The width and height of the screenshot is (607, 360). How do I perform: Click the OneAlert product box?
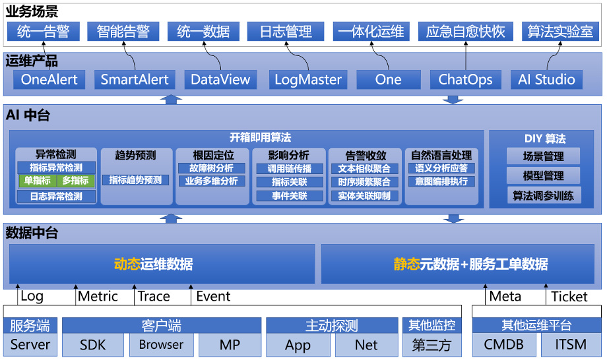point(49,80)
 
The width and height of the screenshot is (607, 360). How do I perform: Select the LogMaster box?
point(308,80)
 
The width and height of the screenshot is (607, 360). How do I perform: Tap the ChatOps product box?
point(465,80)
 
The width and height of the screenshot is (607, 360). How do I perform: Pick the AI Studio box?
point(546,80)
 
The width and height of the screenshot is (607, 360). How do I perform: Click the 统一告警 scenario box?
point(43,31)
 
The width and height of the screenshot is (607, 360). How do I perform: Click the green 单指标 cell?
point(38,181)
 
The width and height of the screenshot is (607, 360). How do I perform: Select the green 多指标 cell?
point(75,181)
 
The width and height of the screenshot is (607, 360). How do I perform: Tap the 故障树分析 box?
point(212,168)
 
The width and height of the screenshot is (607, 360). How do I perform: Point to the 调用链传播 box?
point(290,169)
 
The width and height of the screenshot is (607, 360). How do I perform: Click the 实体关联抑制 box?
point(364,196)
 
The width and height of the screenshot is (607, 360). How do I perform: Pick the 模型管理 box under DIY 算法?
point(544,176)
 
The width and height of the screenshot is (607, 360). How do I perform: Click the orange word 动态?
point(127,264)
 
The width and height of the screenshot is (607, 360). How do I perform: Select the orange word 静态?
point(407,264)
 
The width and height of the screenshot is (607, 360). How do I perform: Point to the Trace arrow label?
point(154,297)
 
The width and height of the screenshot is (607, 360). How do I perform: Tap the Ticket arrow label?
point(569,297)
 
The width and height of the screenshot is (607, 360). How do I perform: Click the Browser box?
point(161,345)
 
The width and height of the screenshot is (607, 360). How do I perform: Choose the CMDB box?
point(503,345)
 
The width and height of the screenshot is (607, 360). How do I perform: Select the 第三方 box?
point(431,345)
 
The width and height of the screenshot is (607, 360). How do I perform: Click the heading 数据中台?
point(32,233)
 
